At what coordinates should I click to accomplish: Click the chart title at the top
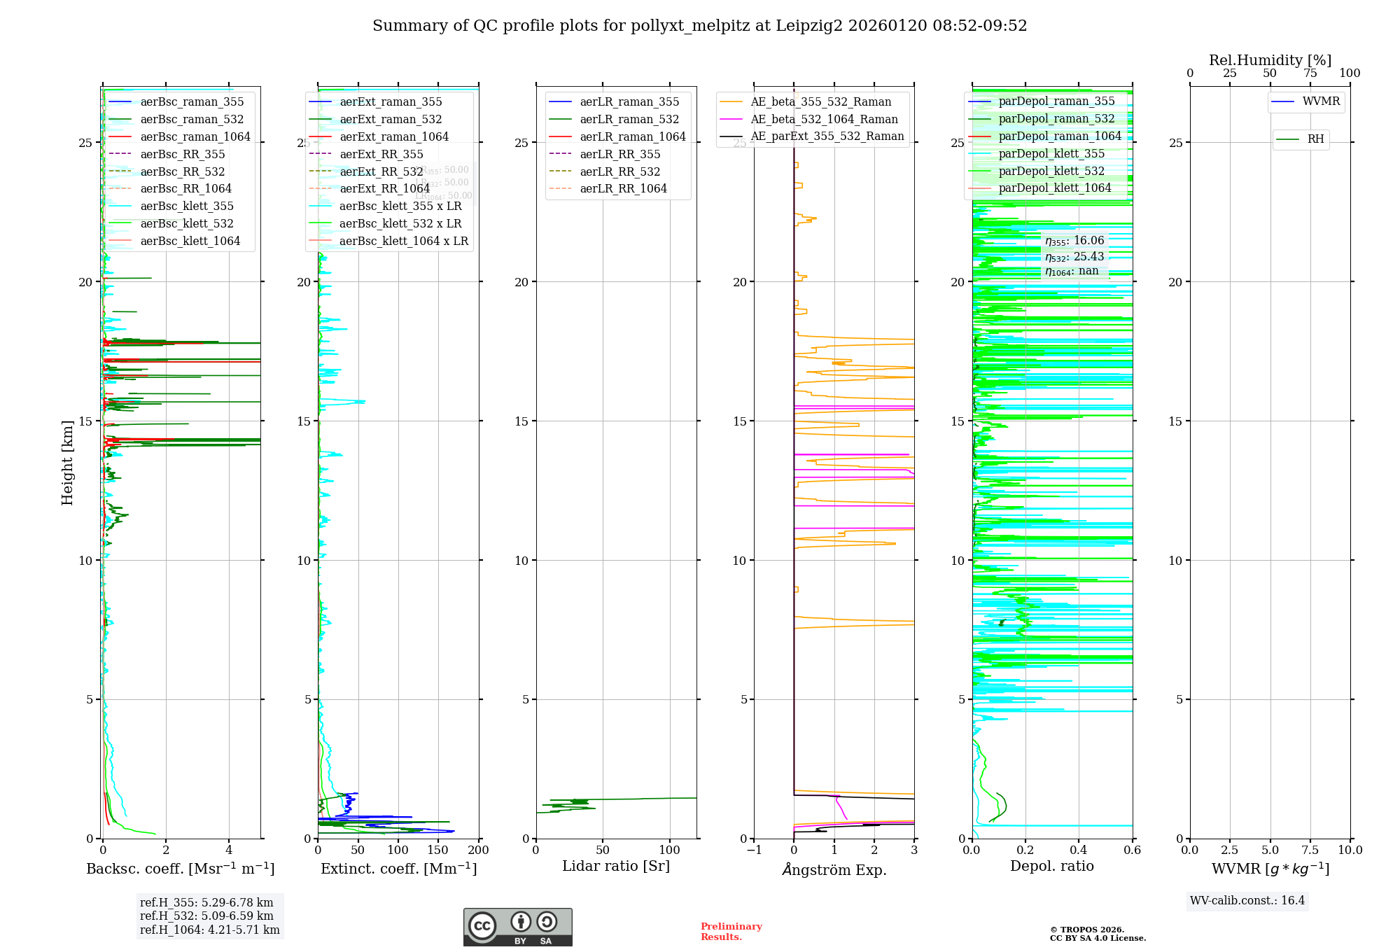[699, 26]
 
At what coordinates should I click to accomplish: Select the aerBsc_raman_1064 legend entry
[195, 136]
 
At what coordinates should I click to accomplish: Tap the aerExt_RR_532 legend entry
[381, 171]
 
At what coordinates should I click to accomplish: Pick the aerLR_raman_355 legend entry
[629, 102]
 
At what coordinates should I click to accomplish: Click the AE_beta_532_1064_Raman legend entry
[823, 119]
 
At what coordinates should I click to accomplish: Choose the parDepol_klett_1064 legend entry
[1054, 188]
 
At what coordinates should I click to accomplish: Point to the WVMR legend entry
[1320, 101]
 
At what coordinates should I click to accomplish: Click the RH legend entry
[1315, 139]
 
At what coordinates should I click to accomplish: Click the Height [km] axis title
[67, 462]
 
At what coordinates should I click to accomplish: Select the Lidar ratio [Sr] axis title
[616, 866]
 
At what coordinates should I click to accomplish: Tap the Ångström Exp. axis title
[834, 869]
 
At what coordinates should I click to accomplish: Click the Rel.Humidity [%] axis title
[1270, 60]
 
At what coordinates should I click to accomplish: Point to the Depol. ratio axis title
[1051, 866]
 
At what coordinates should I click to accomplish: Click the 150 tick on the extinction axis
[438, 850]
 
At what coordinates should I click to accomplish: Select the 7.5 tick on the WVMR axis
[1310, 850]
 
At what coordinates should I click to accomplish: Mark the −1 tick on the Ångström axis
[754, 850]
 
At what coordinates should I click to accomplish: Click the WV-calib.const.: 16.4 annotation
[1247, 900]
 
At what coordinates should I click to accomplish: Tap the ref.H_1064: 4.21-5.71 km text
[209, 930]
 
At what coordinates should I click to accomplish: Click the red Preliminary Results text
[731, 932]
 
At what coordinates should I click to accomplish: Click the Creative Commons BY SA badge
[517, 927]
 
